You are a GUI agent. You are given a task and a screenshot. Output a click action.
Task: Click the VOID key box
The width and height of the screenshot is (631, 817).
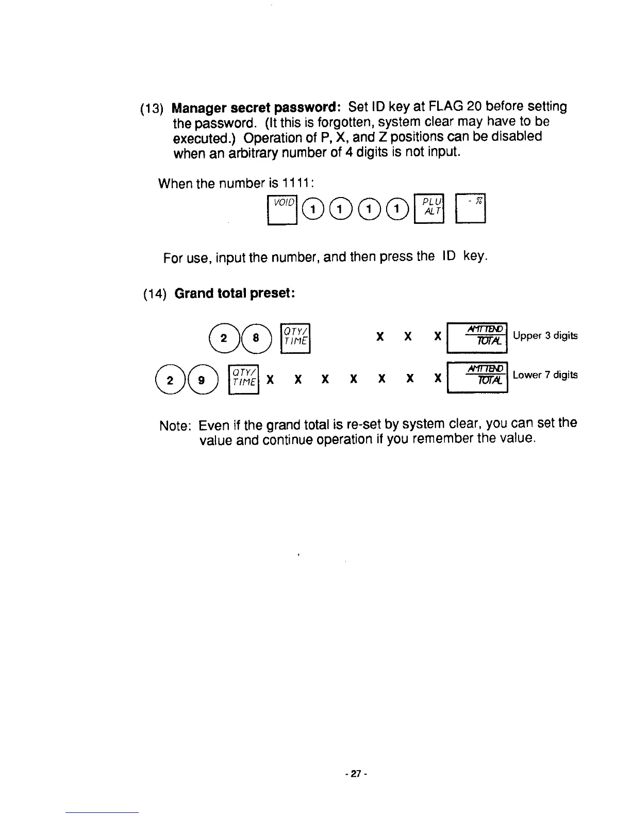point(283,209)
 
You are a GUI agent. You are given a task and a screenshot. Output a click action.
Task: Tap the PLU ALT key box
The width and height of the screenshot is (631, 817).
point(428,209)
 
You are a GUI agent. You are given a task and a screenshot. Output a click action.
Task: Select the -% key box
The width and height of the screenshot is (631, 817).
point(471,209)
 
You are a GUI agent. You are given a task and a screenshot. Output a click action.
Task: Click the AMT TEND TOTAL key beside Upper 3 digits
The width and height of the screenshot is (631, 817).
point(477,337)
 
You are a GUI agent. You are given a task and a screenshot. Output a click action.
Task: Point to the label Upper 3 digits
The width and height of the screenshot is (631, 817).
point(545,336)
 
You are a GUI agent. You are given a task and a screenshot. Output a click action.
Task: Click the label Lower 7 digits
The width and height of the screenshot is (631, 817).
point(545,375)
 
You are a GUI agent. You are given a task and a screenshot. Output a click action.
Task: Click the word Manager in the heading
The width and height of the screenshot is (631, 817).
point(199,108)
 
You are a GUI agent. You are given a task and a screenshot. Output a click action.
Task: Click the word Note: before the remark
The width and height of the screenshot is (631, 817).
point(176,426)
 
